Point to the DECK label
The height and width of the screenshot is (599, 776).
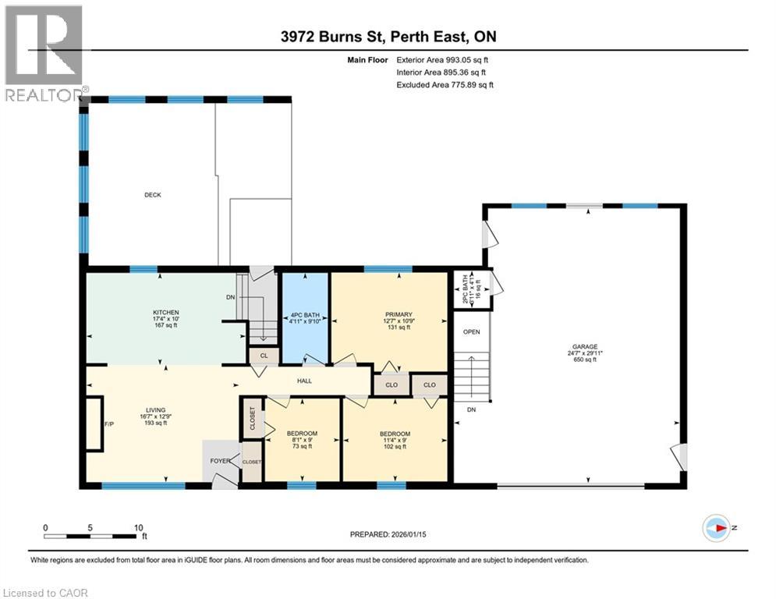(x=152, y=195)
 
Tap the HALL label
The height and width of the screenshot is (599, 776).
(x=304, y=381)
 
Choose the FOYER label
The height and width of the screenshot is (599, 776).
(x=220, y=461)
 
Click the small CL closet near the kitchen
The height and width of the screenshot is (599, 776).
(x=263, y=355)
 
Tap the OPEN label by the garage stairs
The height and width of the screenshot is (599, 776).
(x=472, y=331)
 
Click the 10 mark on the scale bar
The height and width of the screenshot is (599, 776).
(x=138, y=527)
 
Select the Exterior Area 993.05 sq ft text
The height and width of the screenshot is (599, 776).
(x=442, y=59)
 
